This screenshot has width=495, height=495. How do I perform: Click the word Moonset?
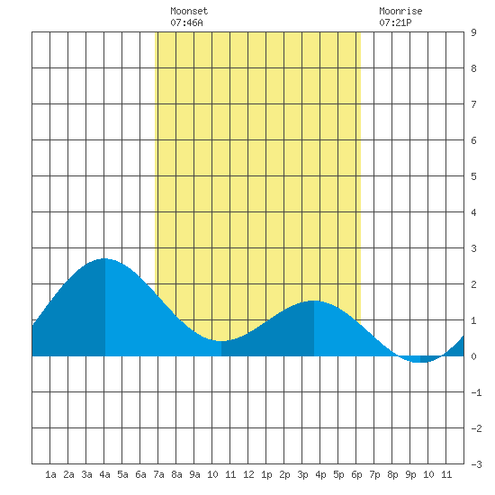[189, 11]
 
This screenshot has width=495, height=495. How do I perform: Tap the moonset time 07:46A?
[186, 22]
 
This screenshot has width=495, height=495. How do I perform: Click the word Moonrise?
[400, 11]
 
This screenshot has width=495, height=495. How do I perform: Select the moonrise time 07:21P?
[395, 22]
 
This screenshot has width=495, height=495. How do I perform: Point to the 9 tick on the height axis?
[473, 32]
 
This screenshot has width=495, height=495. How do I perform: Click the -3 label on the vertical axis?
[476, 464]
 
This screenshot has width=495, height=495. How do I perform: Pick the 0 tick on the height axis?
[473, 356]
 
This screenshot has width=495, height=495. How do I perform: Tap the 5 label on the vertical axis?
[473, 176]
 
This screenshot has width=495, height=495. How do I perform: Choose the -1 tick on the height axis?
[476, 392]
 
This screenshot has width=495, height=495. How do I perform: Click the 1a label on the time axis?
[50, 474]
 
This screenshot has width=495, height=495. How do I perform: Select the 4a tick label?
[104, 474]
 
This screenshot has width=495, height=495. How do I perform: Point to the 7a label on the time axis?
[158, 474]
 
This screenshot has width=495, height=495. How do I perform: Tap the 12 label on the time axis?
[248, 474]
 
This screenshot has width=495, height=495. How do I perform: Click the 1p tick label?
[266, 474]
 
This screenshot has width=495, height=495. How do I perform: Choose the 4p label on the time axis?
[320, 474]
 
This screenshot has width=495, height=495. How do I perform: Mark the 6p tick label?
[356, 474]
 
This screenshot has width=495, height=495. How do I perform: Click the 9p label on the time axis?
[410, 474]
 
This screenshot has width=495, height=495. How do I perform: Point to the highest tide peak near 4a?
[104, 259]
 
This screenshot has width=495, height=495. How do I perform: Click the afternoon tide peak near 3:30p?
[314, 301]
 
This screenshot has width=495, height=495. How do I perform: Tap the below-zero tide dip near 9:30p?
[420, 362]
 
